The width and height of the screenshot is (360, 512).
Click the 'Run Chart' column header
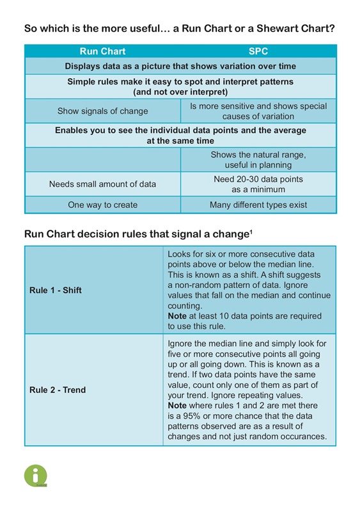pyautogui.click(x=102, y=51)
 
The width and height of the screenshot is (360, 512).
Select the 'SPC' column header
pyautogui.click(x=258, y=51)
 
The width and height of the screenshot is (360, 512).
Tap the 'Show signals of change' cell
pyautogui.click(x=102, y=111)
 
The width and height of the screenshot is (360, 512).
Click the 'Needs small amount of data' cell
pyautogui.click(x=102, y=184)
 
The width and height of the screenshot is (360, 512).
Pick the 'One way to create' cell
pyautogui.click(x=102, y=205)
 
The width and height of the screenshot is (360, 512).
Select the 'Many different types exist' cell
pyautogui.click(x=258, y=205)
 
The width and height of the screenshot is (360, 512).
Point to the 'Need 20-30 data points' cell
pyautogui.click(x=258, y=184)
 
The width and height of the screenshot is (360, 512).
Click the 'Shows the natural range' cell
pyautogui.click(x=258, y=159)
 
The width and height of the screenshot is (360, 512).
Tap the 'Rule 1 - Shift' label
pyautogui.click(x=56, y=290)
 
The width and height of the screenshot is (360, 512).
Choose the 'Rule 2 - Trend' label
pyautogui.click(x=58, y=390)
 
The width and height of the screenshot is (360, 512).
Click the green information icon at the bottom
pyautogui.click(x=36, y=476)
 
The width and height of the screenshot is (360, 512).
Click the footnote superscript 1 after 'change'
pyautogui.click(x=251, y=231)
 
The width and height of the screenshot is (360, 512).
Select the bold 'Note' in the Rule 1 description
pyautogui.click(x=178, y=316)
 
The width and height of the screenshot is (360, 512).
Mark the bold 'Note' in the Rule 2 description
pyautogui.click(x=178, y=406)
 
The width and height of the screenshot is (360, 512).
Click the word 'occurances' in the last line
pyautogui.click(x=303, y=436)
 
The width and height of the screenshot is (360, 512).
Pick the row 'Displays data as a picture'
pyautogui.click(x=180, y=66)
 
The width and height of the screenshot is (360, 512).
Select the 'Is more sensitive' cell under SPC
pyautogui.click(x=258, y=111)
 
